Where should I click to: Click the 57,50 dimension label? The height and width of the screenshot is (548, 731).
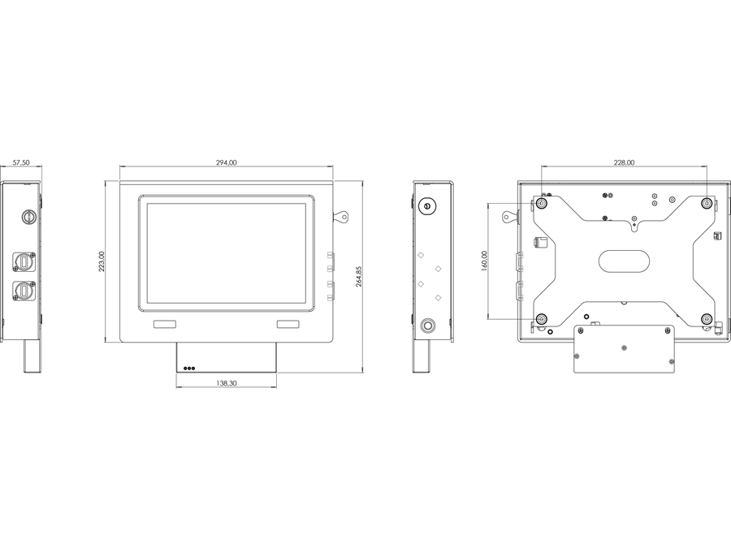(21, 162)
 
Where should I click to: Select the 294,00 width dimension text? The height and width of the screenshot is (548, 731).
(226, 162)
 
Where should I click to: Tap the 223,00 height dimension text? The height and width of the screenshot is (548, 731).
(102, 261)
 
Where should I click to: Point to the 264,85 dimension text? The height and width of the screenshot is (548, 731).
(359, 276)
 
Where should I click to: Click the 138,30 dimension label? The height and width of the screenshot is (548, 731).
(226, 383)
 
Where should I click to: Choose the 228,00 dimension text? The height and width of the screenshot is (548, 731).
(624, 162)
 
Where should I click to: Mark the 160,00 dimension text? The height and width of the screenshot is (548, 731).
(484, 261)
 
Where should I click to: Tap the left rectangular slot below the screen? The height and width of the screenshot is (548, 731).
(165, 324)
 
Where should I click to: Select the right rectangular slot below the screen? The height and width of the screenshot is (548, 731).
(288, 324)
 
